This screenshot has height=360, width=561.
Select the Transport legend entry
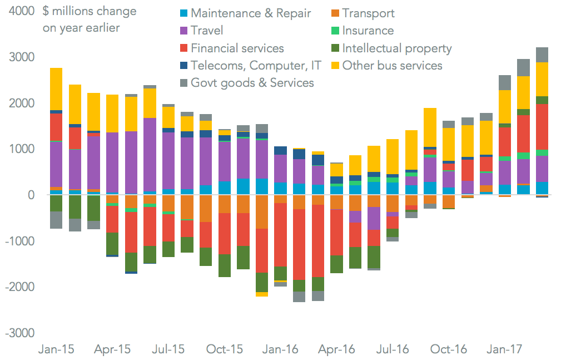(368, 13)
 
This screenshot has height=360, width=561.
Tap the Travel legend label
(207, 31)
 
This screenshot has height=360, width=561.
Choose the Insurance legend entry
(368, 31)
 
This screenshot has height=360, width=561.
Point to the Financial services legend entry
(237, 48)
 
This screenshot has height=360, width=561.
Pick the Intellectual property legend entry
(397, 48)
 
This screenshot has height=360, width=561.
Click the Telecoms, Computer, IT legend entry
(256, 65)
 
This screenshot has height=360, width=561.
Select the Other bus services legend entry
(392, 65)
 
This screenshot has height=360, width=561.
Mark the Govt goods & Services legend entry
(252, 82)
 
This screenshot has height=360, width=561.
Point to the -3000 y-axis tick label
(20, 333)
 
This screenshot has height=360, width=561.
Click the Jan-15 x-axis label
(56, 349)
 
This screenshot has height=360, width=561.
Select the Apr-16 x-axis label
(337, 349)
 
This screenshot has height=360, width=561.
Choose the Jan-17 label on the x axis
(504, 349)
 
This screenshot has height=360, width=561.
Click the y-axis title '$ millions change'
(90, 12)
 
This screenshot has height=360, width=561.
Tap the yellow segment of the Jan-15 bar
(56, 89)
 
